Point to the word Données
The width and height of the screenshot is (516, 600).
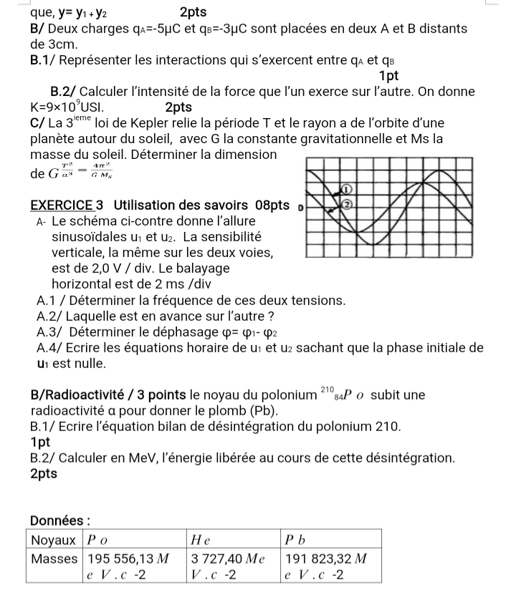pos(62,519)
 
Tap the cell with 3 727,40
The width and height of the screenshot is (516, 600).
pos(231,564)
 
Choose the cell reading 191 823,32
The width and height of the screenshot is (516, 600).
pos(330,564)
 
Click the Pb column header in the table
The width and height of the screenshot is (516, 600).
pos(295,538)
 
